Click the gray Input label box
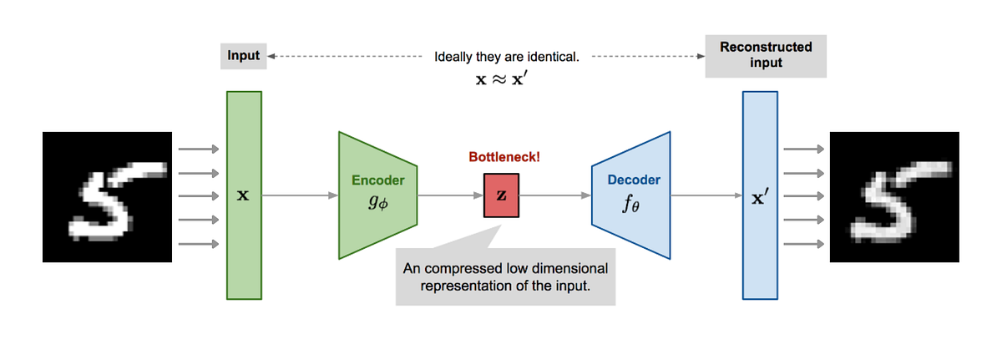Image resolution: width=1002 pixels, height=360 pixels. [244, 57]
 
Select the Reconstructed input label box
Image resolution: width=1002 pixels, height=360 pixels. [766, 56]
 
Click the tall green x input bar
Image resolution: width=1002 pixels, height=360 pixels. [244, 242]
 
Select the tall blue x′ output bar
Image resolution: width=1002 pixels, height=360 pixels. [760, 251]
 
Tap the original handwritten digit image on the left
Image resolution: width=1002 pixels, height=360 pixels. [107, 197]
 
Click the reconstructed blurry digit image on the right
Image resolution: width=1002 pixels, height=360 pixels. [893, 197]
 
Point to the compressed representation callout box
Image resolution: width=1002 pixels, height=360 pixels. [505, 276]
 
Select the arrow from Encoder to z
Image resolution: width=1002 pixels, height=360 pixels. [451, 196]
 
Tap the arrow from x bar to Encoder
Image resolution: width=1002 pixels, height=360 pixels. [301, 196]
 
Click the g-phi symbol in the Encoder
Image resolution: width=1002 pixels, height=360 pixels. [377, 202]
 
